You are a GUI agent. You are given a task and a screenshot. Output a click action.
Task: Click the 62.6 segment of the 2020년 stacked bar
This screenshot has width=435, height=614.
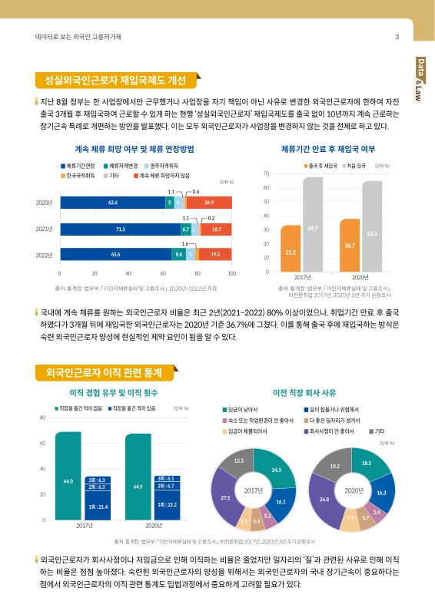coord(112,202)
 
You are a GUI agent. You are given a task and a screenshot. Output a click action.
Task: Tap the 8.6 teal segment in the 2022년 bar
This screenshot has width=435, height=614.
coord(179,253)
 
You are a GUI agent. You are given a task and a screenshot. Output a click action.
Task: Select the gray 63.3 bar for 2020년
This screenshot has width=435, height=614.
coord(371,226)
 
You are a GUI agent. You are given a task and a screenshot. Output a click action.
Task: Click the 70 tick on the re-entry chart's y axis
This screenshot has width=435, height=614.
coord(266,173)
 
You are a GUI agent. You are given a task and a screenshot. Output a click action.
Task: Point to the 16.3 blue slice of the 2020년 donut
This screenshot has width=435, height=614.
coord(380,491)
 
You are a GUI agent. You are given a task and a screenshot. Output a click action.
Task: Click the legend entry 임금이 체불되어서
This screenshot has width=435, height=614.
coord(247,431)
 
